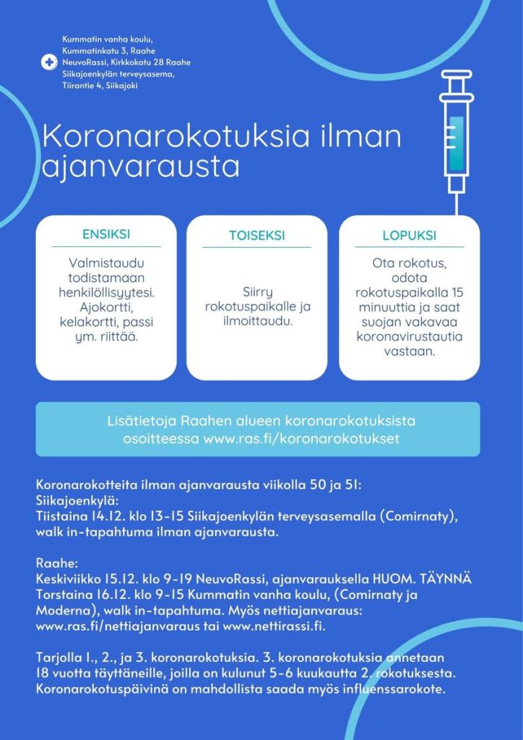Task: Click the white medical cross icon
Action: point(49,62)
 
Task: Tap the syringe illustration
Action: point(456,134)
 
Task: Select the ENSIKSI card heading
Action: point(106,235)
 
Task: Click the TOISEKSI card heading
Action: point(256,236)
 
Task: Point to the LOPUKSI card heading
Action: point(409,236)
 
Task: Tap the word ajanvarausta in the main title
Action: point(140,165)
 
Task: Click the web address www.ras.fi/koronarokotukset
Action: point(301,439)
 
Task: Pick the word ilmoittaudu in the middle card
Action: point(256,321)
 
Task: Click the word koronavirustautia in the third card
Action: point(409,336)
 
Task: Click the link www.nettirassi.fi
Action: point(274,626)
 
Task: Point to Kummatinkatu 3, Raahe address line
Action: point(108,51)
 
